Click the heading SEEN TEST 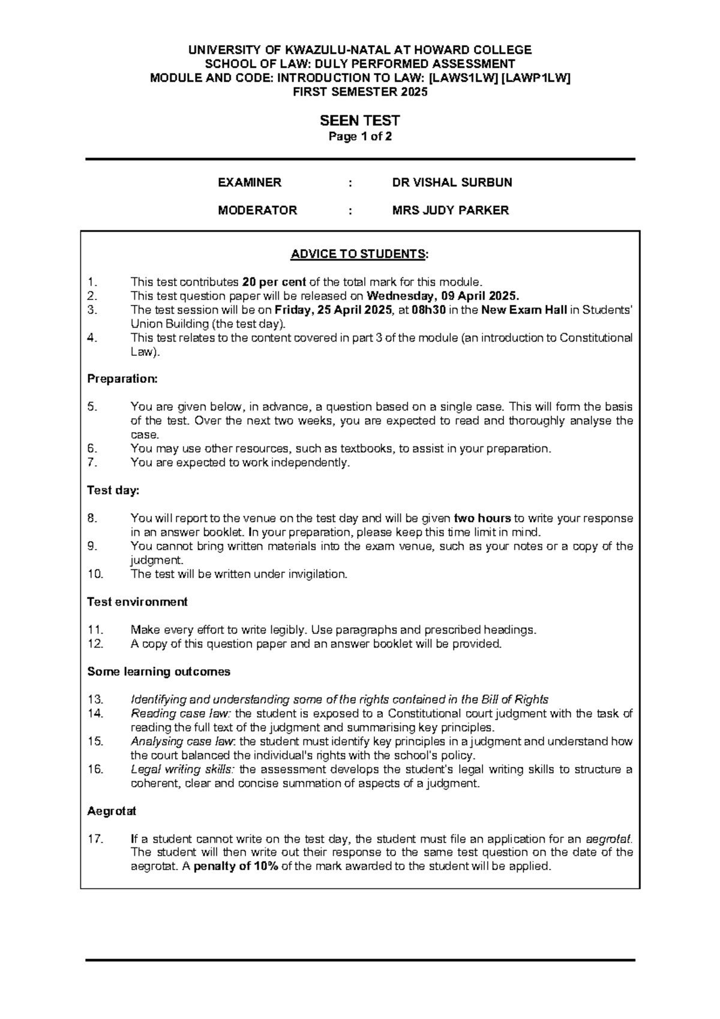[x=359, y=121]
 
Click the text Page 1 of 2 [x=359, y=136]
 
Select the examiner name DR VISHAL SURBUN [x=452, y=182]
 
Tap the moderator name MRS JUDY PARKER [x=450, y=210]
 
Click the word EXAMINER [x=249, y=182]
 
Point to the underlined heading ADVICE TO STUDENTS [x=359, y=254]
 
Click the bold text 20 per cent [x=274, y=282]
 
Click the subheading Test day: [x=113, y=490]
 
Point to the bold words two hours [x=482, y=519]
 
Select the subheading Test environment [x=137, y=602]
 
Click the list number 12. [x=95, y=644]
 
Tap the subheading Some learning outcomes [x=158, y=672]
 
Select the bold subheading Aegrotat [x=112, y=811]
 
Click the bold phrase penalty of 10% [x=236, y=867]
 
